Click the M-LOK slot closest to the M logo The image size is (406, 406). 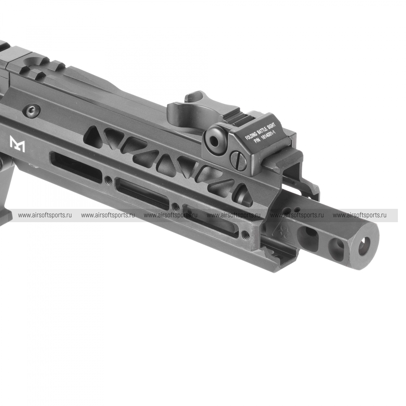tap(76, 166)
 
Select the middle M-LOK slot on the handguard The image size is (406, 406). tap(143, 191)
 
